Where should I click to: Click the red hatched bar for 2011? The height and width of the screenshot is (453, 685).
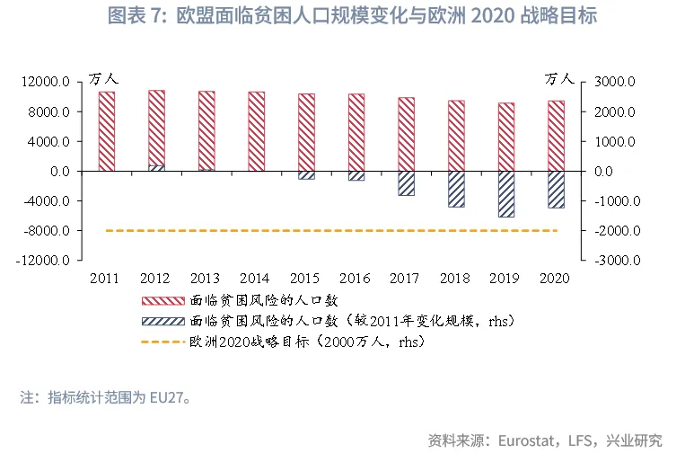(x=106, y=131)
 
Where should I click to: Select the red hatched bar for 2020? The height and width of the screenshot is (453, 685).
(x=556, y=135)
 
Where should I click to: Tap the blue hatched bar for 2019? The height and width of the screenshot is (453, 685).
(x=506, y=194)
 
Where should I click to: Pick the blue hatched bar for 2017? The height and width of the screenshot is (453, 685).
(x=407, y=183)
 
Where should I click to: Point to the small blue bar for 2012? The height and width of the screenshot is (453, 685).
(x=156, y=167)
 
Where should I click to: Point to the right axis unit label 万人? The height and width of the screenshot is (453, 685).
(x=558, y=80)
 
